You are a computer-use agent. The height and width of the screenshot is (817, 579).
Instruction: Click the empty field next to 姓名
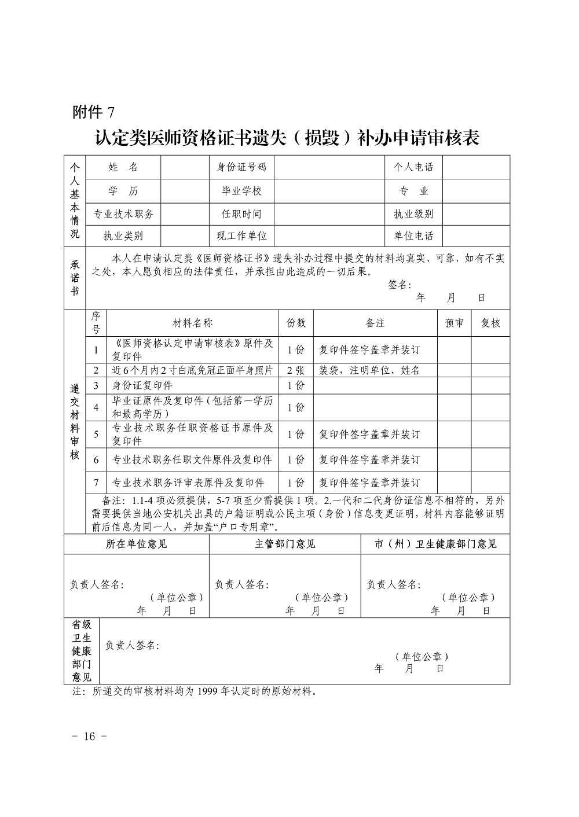184,167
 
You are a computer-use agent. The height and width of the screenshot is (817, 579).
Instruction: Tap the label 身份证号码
241,167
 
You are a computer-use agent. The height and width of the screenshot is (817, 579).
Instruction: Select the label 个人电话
413,167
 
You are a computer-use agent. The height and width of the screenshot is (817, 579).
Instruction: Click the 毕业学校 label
241,191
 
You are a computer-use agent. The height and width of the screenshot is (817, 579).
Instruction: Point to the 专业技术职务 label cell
123,214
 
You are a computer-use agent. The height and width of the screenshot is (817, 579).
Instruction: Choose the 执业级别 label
413,214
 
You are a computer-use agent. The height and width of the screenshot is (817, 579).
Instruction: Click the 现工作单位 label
241,235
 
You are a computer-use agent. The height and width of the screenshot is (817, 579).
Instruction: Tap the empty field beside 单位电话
476,235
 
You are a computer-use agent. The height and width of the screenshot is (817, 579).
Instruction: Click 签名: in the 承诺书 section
399,285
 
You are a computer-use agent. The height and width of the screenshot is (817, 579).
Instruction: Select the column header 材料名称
193,323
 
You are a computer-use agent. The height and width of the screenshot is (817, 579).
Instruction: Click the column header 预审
454,323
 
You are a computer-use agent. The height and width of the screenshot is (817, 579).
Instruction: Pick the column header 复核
490,323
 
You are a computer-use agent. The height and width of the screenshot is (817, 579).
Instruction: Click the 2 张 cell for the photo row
296,370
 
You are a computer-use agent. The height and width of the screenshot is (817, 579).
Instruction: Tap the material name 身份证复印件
142,385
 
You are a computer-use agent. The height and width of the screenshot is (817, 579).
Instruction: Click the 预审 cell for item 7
454,483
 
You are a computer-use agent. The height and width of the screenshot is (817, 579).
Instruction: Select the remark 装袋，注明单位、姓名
369,370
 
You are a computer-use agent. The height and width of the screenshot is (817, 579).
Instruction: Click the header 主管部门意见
285,544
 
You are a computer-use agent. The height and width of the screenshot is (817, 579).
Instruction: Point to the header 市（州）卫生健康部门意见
435,544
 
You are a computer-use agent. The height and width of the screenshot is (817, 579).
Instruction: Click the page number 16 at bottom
89,737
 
